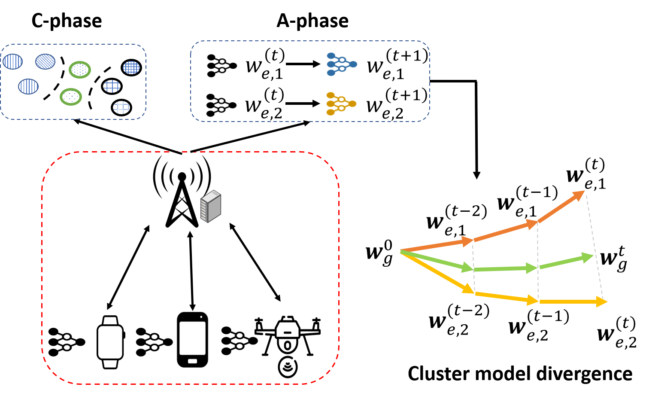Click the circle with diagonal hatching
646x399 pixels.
pyautogui.click(x=45, y=61)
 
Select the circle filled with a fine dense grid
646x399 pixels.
pyautogui.click(x=131, y=67)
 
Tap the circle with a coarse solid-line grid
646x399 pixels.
pyautogui.click(x=112, y=86)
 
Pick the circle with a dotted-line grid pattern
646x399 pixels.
pyautogui.click(x=121, y=107)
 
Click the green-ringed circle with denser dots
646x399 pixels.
pyautogui.click(x=80, y=70)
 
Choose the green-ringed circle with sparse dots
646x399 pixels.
pyautogui.click(x=71, y=97)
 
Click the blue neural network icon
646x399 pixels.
pyautogui.click(x=341, y=64)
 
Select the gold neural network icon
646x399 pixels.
pyautogui.click(x=341, y=104)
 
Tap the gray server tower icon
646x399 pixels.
pyautogui.click(x=211, y=206)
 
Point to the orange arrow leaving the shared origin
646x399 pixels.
pyautogui.click(x=437, y=245)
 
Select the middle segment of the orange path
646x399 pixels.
pyautogui.click(x=505, y=231)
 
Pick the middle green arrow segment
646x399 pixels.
pyautogui.click(x=505, y=269)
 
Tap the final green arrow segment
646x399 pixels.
pyautogui.click(x=566, y=262)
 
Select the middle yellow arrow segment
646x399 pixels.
pyautogui.click(x=506, y=297)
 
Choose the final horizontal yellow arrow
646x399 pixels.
pyautogui.click(x=573, y=302)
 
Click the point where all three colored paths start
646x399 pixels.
pyautogui.click(x=401, y=251)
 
